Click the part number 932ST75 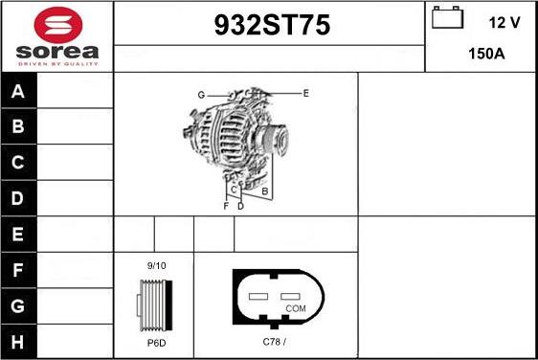(x=270, y=27)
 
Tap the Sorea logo (x=56, y=36)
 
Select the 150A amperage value (x=486, y=55)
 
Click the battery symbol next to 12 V (x=445, y=17)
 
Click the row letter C (x=18, y=163)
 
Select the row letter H (x=18, y=342)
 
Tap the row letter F (x=18, y=271)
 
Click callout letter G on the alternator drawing (x=202, y=94)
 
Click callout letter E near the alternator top (x=305, y=93)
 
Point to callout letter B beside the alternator (x=264, y=191)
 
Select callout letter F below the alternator (x=226, y=206)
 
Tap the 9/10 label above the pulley (x=156, y=265)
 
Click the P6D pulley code (x=156, y=342)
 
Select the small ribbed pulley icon (x=155, y=303)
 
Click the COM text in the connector (x=297, y=308)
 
